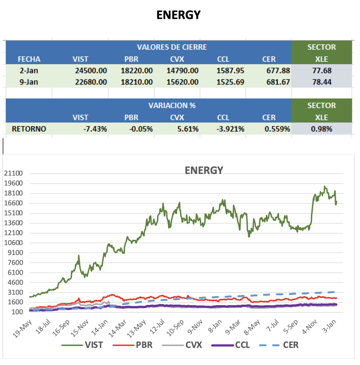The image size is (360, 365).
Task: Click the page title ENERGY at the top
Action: pos(179,15)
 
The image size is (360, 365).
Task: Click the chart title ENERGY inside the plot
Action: pos(204,170)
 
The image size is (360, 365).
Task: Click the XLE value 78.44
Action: pos(321,82)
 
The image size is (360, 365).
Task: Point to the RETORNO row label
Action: pos(29,129)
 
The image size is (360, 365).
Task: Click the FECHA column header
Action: pos(29,59)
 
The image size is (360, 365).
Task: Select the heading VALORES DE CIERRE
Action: pos(172,47)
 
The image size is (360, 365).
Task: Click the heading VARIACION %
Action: pos(172,106)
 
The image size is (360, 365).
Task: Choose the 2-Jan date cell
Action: pos(29,71)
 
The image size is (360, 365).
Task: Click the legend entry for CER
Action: pos(279,345)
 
